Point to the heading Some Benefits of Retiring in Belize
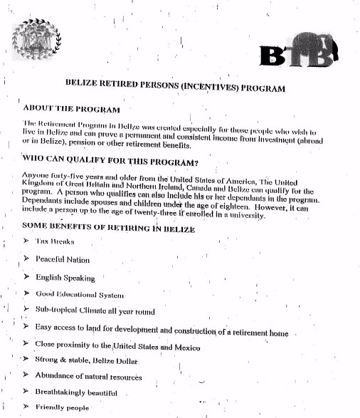click(x=102, y=227)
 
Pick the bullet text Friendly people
click(x=62, y=408)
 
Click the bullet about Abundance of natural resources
click(x=88, y=377)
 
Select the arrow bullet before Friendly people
click(x=26, y=407)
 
